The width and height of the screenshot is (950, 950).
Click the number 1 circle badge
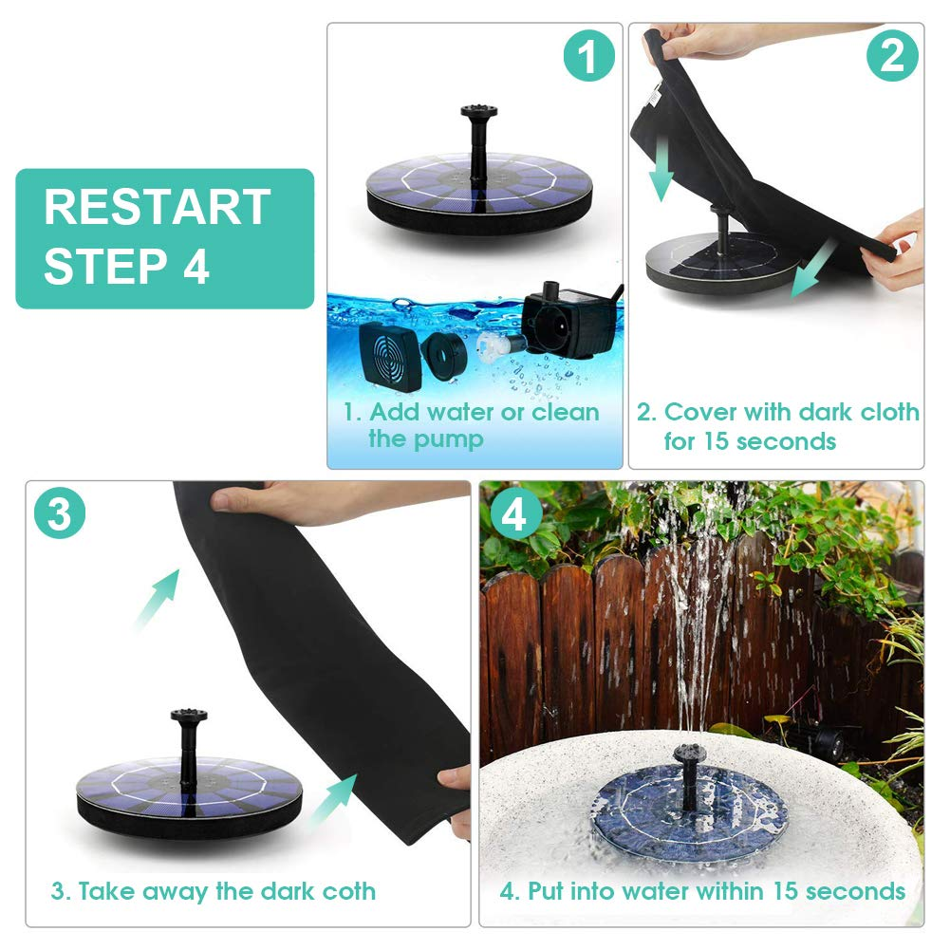pyautogui.click(x=589, y=56)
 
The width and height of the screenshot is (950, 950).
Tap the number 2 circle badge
pyautogui.click(x=892, y=56)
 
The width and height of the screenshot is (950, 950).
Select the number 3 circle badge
pyautogui.click(x=60, y=513)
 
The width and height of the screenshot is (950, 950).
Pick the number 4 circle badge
pyautogui.click(x=515, y=514)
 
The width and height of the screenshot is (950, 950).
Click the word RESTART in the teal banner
pyautogui.click(x=157, y=207)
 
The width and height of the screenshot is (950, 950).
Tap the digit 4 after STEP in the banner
pyautogui.click(x=196, y=266)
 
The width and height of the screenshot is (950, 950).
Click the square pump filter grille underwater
pyautogui.click(x=389, y=356)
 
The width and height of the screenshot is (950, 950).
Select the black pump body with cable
pyautogui.click(x=569, y=319)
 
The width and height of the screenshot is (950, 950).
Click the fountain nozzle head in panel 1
pyautogui.click(x=478, y=111)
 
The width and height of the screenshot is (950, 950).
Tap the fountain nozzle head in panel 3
pyautogui.click(x=189, y=715)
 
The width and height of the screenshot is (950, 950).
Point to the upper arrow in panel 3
pyautogui.click(x=157, y=600)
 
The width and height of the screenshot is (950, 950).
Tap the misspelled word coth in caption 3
pyautogui.click(x=348, y=890)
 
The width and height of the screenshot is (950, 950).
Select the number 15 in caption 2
pyautogui.click(x=715, y=441)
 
